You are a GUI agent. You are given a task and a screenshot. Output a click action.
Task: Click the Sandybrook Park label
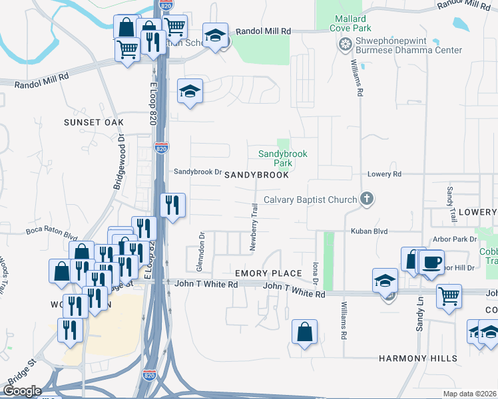pyautogui.click(x=283, y=158)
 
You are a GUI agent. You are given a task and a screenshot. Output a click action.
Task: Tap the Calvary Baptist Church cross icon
pyautogui.click(x=366, y=199)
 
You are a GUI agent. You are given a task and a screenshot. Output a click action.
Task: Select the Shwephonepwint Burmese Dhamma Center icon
pyautogui.click(x=345, y=45)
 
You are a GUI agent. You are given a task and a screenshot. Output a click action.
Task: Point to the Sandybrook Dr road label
pyautogui.click(x=197, y=172)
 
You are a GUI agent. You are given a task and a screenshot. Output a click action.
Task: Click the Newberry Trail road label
pyautogui.click(x=253, y=227)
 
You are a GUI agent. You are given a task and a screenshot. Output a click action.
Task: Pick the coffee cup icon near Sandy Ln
pyautogui.click(x=431, y=261)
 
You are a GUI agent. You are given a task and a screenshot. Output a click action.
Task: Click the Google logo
pyautogui.click(x=22, y=391)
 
